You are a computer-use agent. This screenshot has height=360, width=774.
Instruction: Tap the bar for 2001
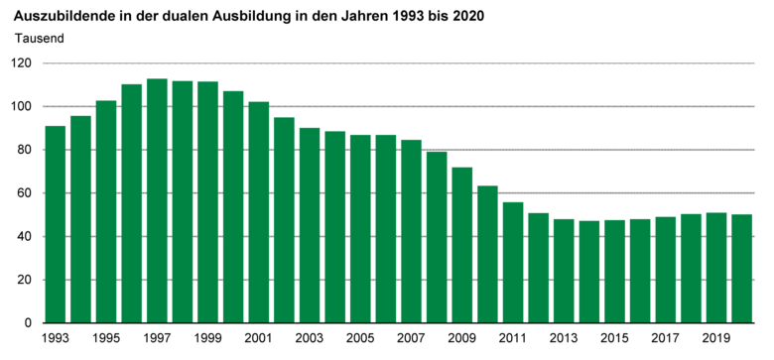click(259, 212)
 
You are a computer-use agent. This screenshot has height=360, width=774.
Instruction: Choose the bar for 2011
click(513, 262)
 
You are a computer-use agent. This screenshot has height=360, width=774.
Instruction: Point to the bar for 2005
click(360, 228)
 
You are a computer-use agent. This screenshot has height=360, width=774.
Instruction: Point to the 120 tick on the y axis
click(23, 63)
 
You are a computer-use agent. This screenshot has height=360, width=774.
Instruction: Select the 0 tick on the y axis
click(30, 323)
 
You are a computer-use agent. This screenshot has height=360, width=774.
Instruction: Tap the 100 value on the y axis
click(23, 107)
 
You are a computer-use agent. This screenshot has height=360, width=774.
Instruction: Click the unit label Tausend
click(41, 39)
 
